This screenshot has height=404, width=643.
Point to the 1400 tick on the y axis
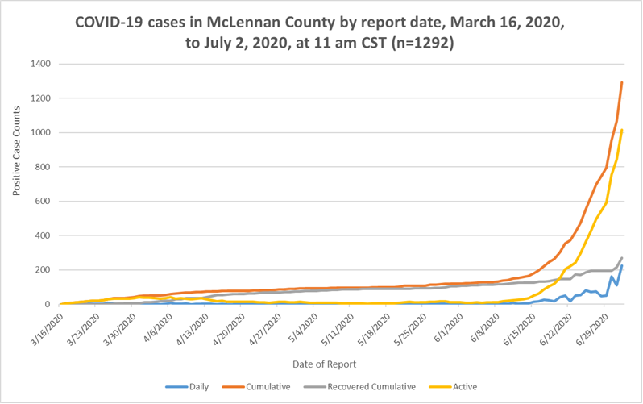tap(40, 64)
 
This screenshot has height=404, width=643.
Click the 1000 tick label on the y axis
tap(40, 133)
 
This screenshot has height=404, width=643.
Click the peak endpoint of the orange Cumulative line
tap(622, 82)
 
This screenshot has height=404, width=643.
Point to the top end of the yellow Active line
tap(622, 130)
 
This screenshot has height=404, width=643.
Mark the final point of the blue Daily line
tap(622, 266)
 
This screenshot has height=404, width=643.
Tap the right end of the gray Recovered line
tap(622, 258)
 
